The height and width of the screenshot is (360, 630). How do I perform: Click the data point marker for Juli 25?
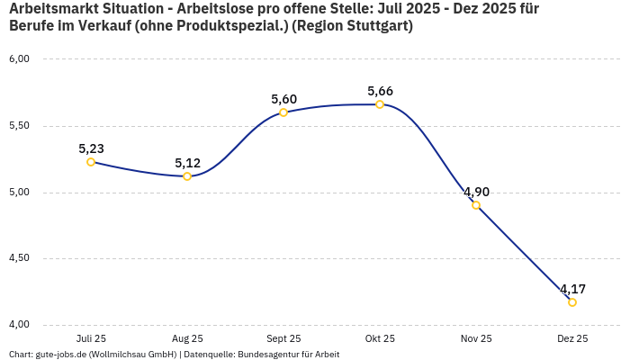coord(91,162)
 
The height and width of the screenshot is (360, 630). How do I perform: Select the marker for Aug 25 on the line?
coord(187,176)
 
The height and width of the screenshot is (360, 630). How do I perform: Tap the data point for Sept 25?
coord(283,112)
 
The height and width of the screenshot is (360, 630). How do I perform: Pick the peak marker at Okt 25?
coord(380,104)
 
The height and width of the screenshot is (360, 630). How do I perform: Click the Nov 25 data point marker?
coord(476,205)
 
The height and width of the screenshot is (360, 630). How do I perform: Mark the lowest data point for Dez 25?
coord(572,302)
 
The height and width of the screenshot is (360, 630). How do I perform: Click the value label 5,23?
coord(91,148)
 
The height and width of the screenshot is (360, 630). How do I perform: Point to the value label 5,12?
coord(187,163)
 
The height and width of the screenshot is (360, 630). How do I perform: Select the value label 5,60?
coord(283,99)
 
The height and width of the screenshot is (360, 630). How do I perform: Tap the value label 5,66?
coord(380,91)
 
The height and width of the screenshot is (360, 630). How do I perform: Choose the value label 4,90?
coord(476,192)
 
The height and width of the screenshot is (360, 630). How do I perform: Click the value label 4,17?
coord(572,289)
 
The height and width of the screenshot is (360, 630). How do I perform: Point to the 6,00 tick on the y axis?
coord(20,59)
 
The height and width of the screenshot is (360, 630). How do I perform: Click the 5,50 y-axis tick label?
coord(20,126)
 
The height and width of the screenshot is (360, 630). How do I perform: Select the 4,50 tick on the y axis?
coord(20,258)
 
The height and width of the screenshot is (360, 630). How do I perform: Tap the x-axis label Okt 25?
coord(380,338)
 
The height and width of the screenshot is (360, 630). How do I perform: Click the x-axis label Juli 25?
coord(91,338)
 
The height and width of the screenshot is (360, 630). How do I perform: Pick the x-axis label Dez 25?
coord(572,338)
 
